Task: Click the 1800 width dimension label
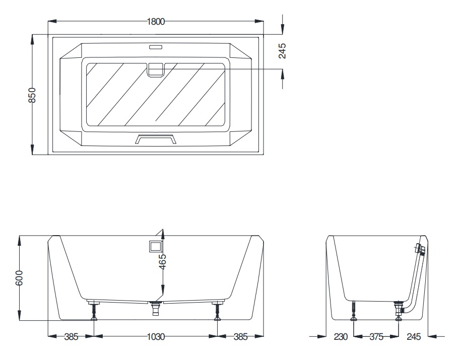(156, 22)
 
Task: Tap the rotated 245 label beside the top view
(282, 50)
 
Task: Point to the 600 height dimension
(19, 278)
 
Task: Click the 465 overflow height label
(162, 261)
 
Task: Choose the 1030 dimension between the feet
(156, 336)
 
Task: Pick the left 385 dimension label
(72, 336)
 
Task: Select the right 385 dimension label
(241, 336)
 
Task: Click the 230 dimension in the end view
(341, 336)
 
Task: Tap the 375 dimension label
(376, 336)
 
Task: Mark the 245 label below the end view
(414, 336)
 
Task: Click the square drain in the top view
(156, 70)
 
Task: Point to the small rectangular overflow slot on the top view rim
(156, 47)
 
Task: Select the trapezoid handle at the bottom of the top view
(156, 139)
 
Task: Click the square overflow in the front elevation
(156, 245)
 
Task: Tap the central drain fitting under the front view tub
(156, 308)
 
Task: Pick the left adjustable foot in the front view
(94, 310)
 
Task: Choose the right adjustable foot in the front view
(218, 310)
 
